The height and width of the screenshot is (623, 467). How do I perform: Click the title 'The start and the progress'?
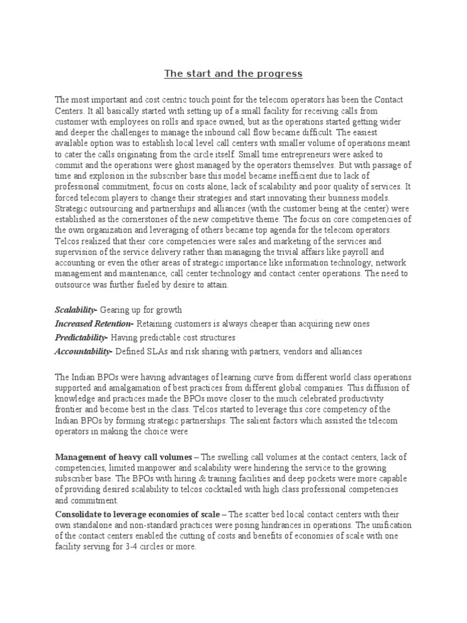pos(233,74)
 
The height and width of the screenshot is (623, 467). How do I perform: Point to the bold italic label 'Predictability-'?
pos(81,337)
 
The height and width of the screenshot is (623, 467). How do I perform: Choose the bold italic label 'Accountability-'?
pos(84,351)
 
